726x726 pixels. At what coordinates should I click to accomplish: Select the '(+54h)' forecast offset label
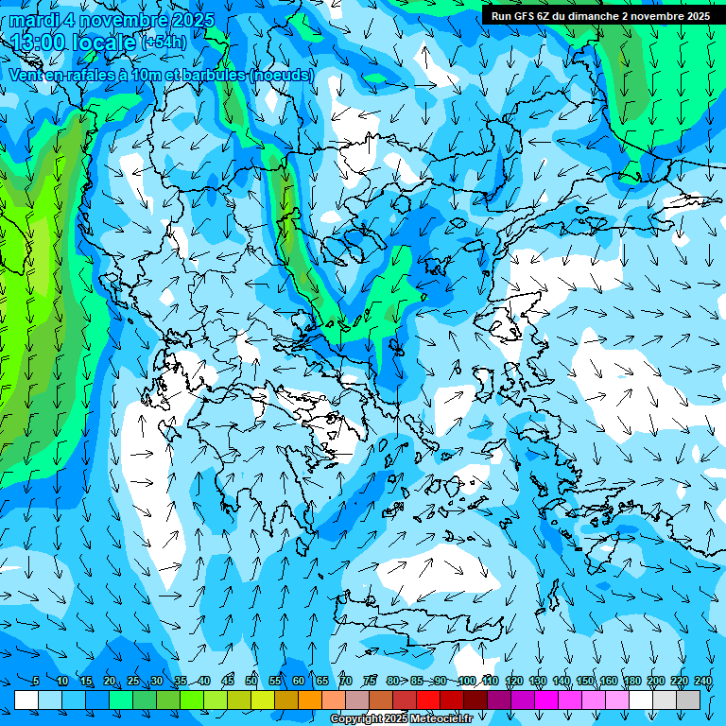click(x=164, y=43)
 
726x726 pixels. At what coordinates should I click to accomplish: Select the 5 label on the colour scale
click(x=36, y=682)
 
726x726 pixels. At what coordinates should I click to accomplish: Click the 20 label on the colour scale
click(x=110, y=682)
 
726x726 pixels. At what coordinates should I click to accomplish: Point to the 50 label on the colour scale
click(x=251, y=682)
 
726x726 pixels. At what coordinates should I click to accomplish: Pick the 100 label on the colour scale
click(x=467, y=682)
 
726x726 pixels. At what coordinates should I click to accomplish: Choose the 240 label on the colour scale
click(x=703, y=682)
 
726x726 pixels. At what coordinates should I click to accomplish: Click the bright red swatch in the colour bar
click(x=428, y=700)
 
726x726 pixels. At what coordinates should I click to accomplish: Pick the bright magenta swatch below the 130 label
click(x=546, y=700)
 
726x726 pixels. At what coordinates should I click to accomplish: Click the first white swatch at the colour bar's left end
click(x=26, y=700)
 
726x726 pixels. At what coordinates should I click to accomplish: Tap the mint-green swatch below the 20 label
click(x=121, y=700)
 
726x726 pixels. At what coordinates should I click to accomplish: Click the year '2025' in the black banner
click(x=698, y=16)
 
